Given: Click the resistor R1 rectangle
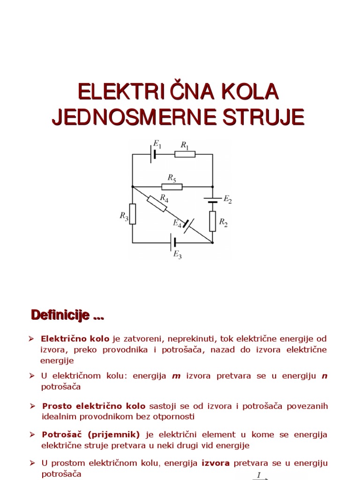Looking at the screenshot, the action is (185, 154).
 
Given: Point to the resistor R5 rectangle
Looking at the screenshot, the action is (172, 187).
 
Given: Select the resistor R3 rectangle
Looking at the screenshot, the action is (133, 214).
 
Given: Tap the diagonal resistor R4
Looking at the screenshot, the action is (156, 204).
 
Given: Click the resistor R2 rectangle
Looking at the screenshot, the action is (212, 221).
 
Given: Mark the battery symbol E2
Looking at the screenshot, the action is (212, 200).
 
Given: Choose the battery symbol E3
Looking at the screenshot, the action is (174, 242).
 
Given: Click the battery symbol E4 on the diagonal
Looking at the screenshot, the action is (188, 226).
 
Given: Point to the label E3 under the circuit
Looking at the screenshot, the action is (177, 255).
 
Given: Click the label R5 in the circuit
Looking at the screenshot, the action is (172, 178).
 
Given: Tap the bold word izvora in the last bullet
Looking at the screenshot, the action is (216, 463).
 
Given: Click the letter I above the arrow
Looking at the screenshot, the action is (259, 475).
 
